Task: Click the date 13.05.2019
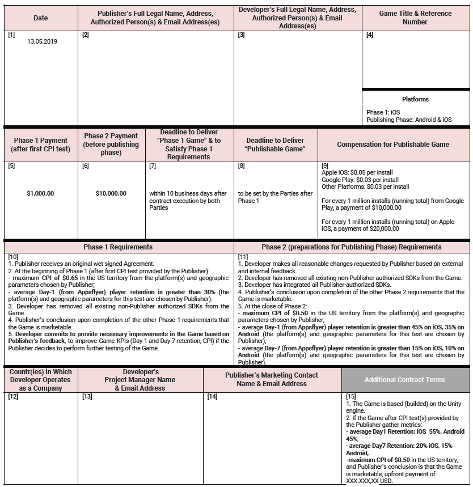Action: click(x=42, y=41)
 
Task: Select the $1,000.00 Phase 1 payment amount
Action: click(x=40, y=193)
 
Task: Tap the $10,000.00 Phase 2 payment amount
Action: click(x=111, y=193)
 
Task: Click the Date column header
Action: click(x=41, y=18)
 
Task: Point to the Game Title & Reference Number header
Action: click(x=415, y=18)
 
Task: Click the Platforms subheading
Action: click(x=415, y=99)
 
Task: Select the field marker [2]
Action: click(x=86, y=35)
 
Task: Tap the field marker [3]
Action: click(x=241, y=35)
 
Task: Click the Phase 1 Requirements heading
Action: click(x=118, y=247)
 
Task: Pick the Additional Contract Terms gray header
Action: click(x=406, y=379)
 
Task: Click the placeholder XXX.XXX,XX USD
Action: click(x=369, y=481)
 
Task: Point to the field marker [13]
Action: click(x=87, y=396)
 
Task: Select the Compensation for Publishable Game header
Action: click(x=393, y=144)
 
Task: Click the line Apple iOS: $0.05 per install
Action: click(x=357, y=172)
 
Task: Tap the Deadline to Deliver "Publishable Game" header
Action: click(x=275, y=144)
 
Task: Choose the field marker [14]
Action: click(x=212, y=396)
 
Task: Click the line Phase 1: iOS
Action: click(x=383, y=112)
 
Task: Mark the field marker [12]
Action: click(x=13, y=396)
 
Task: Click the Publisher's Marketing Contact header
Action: click(x=272, y=379)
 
